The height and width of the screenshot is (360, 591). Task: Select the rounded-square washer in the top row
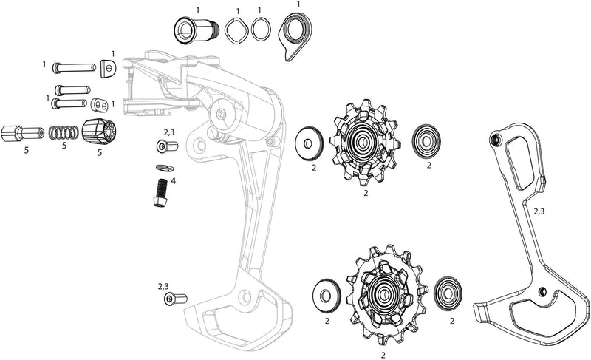click(237, 30)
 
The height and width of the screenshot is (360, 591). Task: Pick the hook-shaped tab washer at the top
click(293, 34)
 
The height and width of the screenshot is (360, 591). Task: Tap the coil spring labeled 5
click(63, 133)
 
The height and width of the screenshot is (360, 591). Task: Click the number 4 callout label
click(173, 180)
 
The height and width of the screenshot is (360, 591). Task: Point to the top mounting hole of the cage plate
click(495, 140)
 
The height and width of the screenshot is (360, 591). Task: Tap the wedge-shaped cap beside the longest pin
click(109, 69)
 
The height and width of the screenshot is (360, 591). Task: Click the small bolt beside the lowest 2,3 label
click(175, 299)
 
